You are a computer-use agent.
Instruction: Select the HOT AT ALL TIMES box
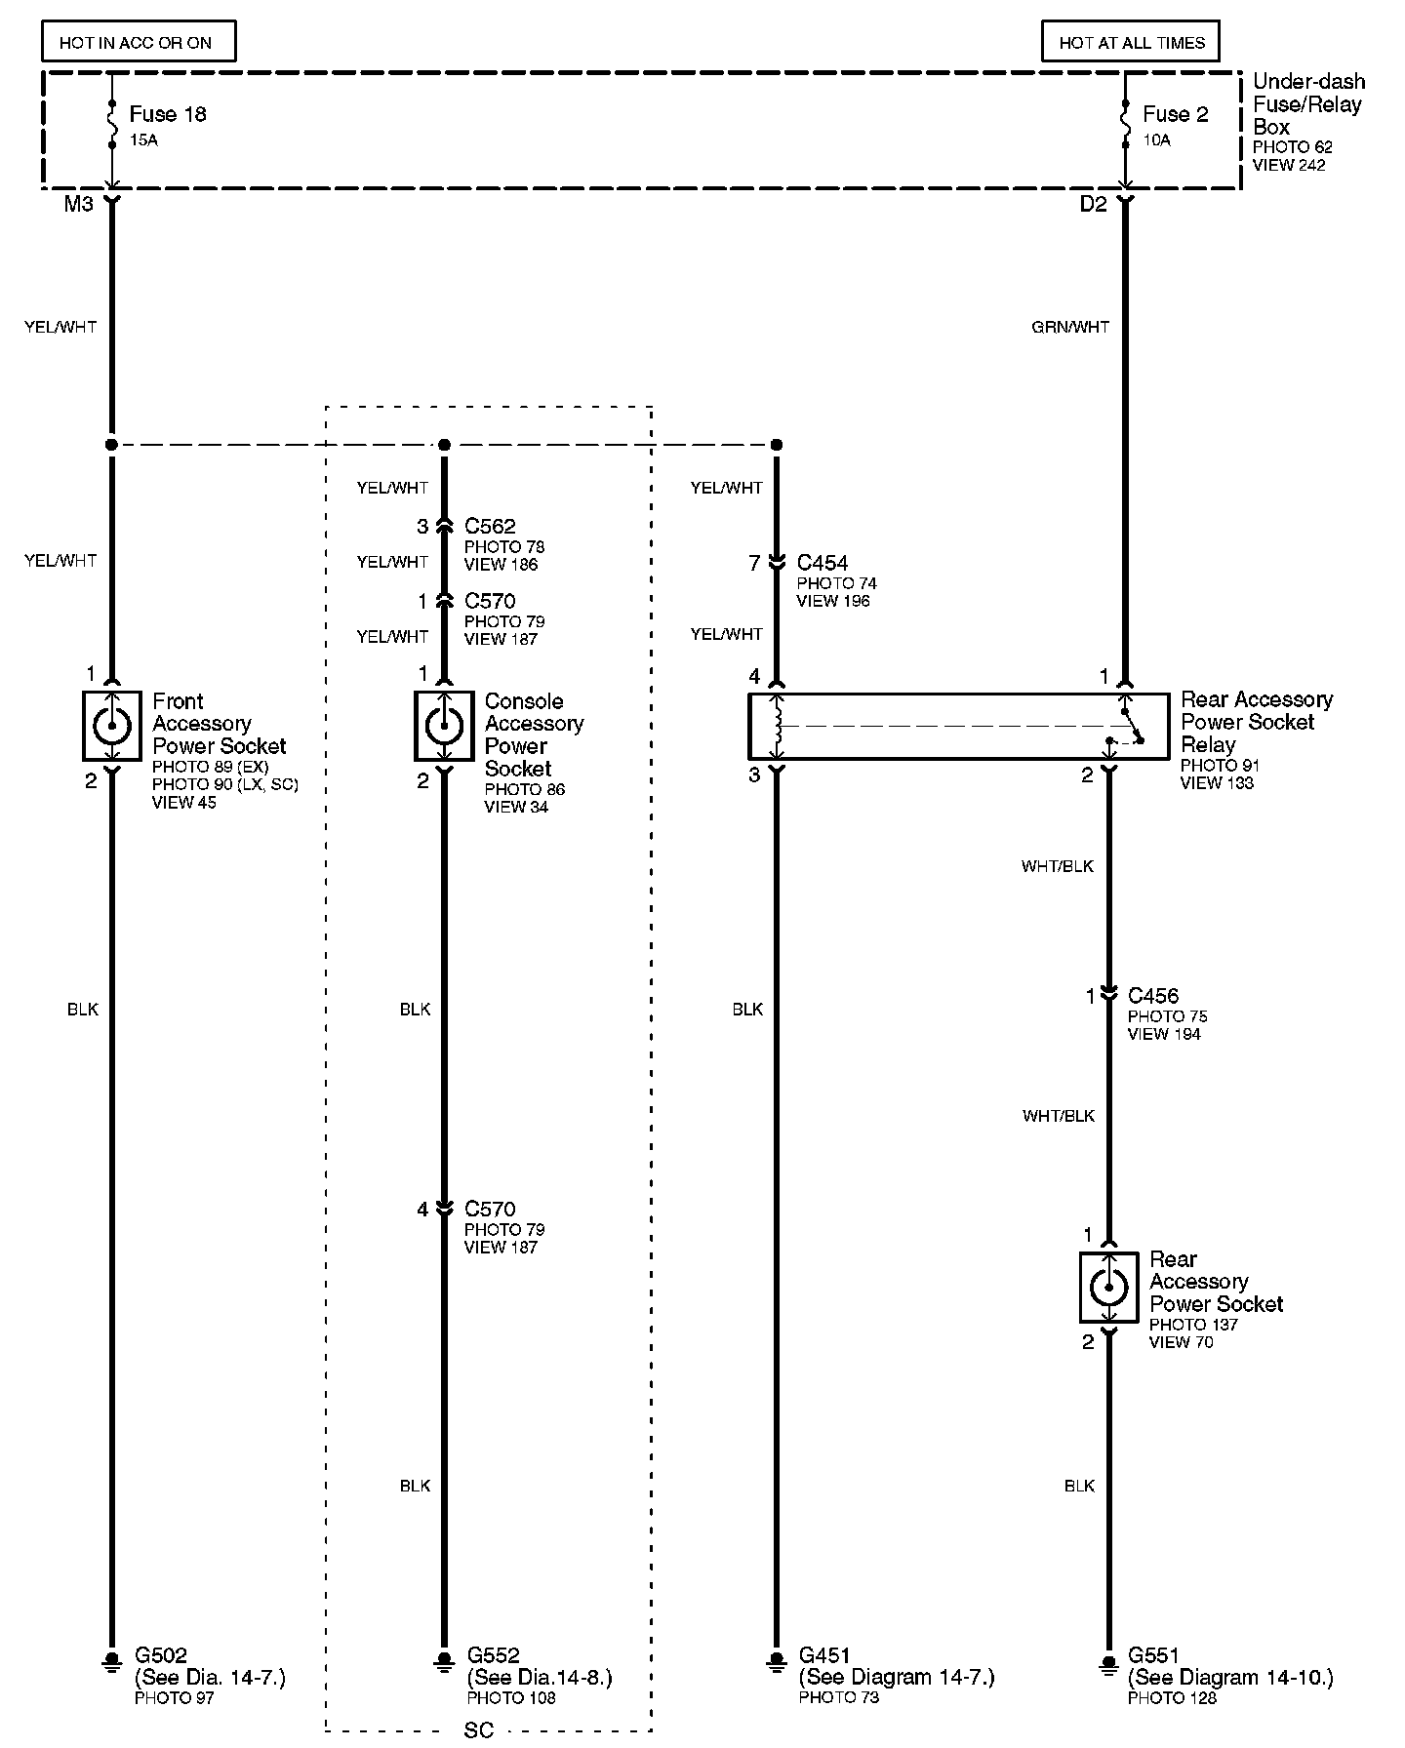[1131, 43]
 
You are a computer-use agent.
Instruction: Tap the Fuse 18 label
[168, 115]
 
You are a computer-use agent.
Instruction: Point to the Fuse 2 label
[1175, 115]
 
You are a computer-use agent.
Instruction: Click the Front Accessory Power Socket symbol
[112, 726]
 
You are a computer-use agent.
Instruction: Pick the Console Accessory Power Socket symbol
[444, 726]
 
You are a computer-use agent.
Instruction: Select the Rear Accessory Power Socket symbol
[1108, 1288]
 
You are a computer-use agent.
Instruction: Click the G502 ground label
[161, 1655]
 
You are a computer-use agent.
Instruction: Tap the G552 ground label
[494, 1655]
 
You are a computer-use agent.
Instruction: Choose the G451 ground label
[825, 1655]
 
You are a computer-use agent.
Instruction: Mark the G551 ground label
[1154, 1655]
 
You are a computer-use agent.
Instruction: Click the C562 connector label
[491, 527]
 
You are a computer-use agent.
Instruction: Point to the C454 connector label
[823, 563]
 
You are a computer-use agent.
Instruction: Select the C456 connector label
[1153, 996]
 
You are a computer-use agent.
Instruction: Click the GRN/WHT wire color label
[1070, 328]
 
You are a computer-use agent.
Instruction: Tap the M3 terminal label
[78, 205]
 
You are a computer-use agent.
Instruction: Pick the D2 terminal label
[1093, 205]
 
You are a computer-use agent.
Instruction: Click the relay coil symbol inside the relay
[778, 726]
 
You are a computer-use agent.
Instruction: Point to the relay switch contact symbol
[1132, 727]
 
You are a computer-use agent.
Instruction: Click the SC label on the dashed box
[479, 1730]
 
